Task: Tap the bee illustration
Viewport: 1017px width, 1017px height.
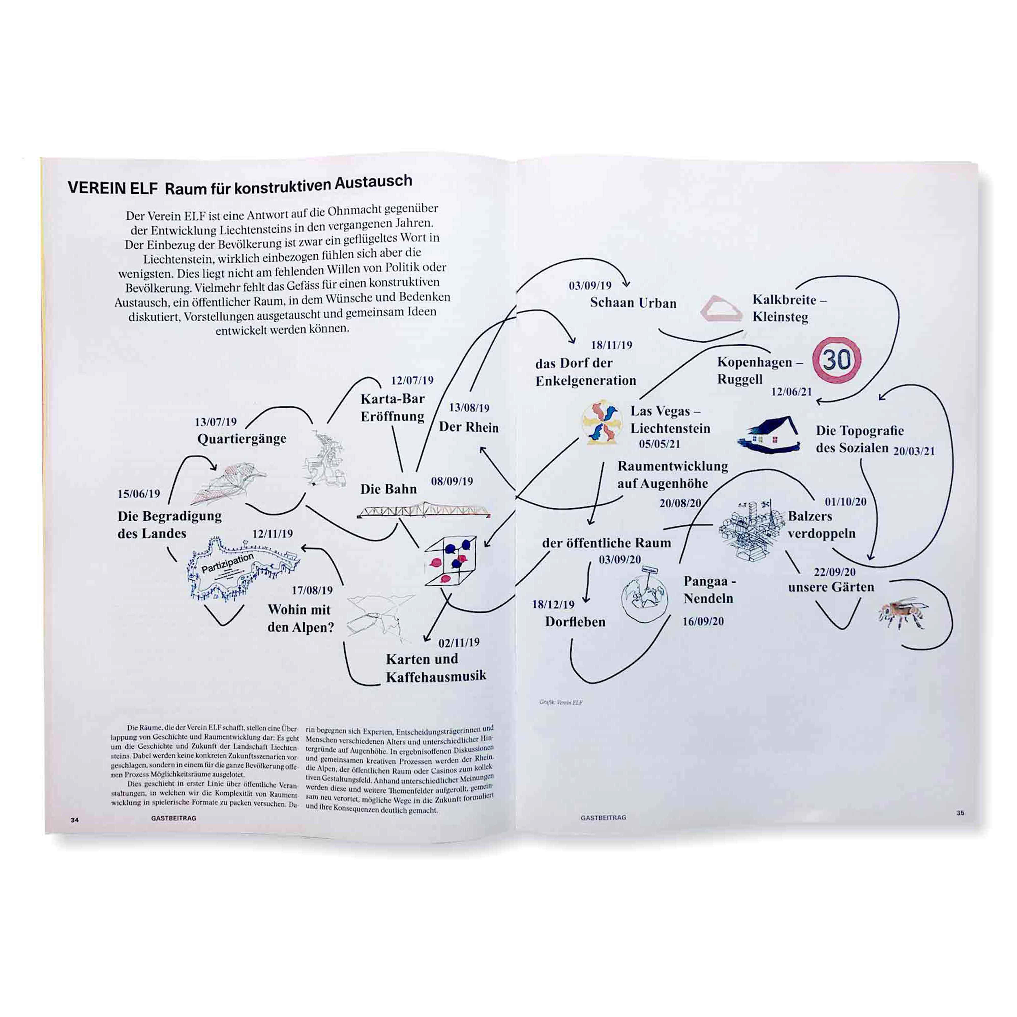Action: [902, 612]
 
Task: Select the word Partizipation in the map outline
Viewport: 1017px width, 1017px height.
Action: [227, 563]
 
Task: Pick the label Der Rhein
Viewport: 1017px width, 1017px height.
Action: [469, 427]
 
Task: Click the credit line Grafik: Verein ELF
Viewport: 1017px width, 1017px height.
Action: [561, 702]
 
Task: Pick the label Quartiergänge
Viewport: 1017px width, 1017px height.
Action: [242, 439]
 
